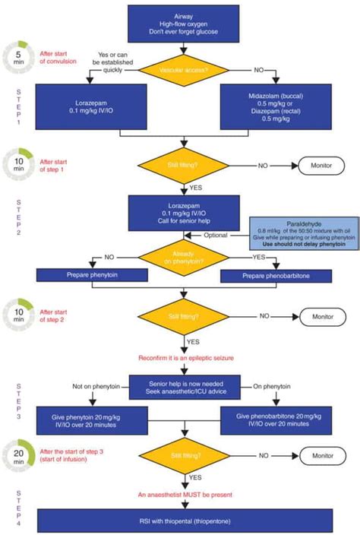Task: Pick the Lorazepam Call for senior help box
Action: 180,210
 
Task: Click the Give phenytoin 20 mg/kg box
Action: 84,419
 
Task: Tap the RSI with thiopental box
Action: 180,521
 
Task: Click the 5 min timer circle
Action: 17,56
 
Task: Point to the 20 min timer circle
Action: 17,456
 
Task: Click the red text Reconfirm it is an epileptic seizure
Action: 180,356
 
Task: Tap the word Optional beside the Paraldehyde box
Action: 215,235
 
